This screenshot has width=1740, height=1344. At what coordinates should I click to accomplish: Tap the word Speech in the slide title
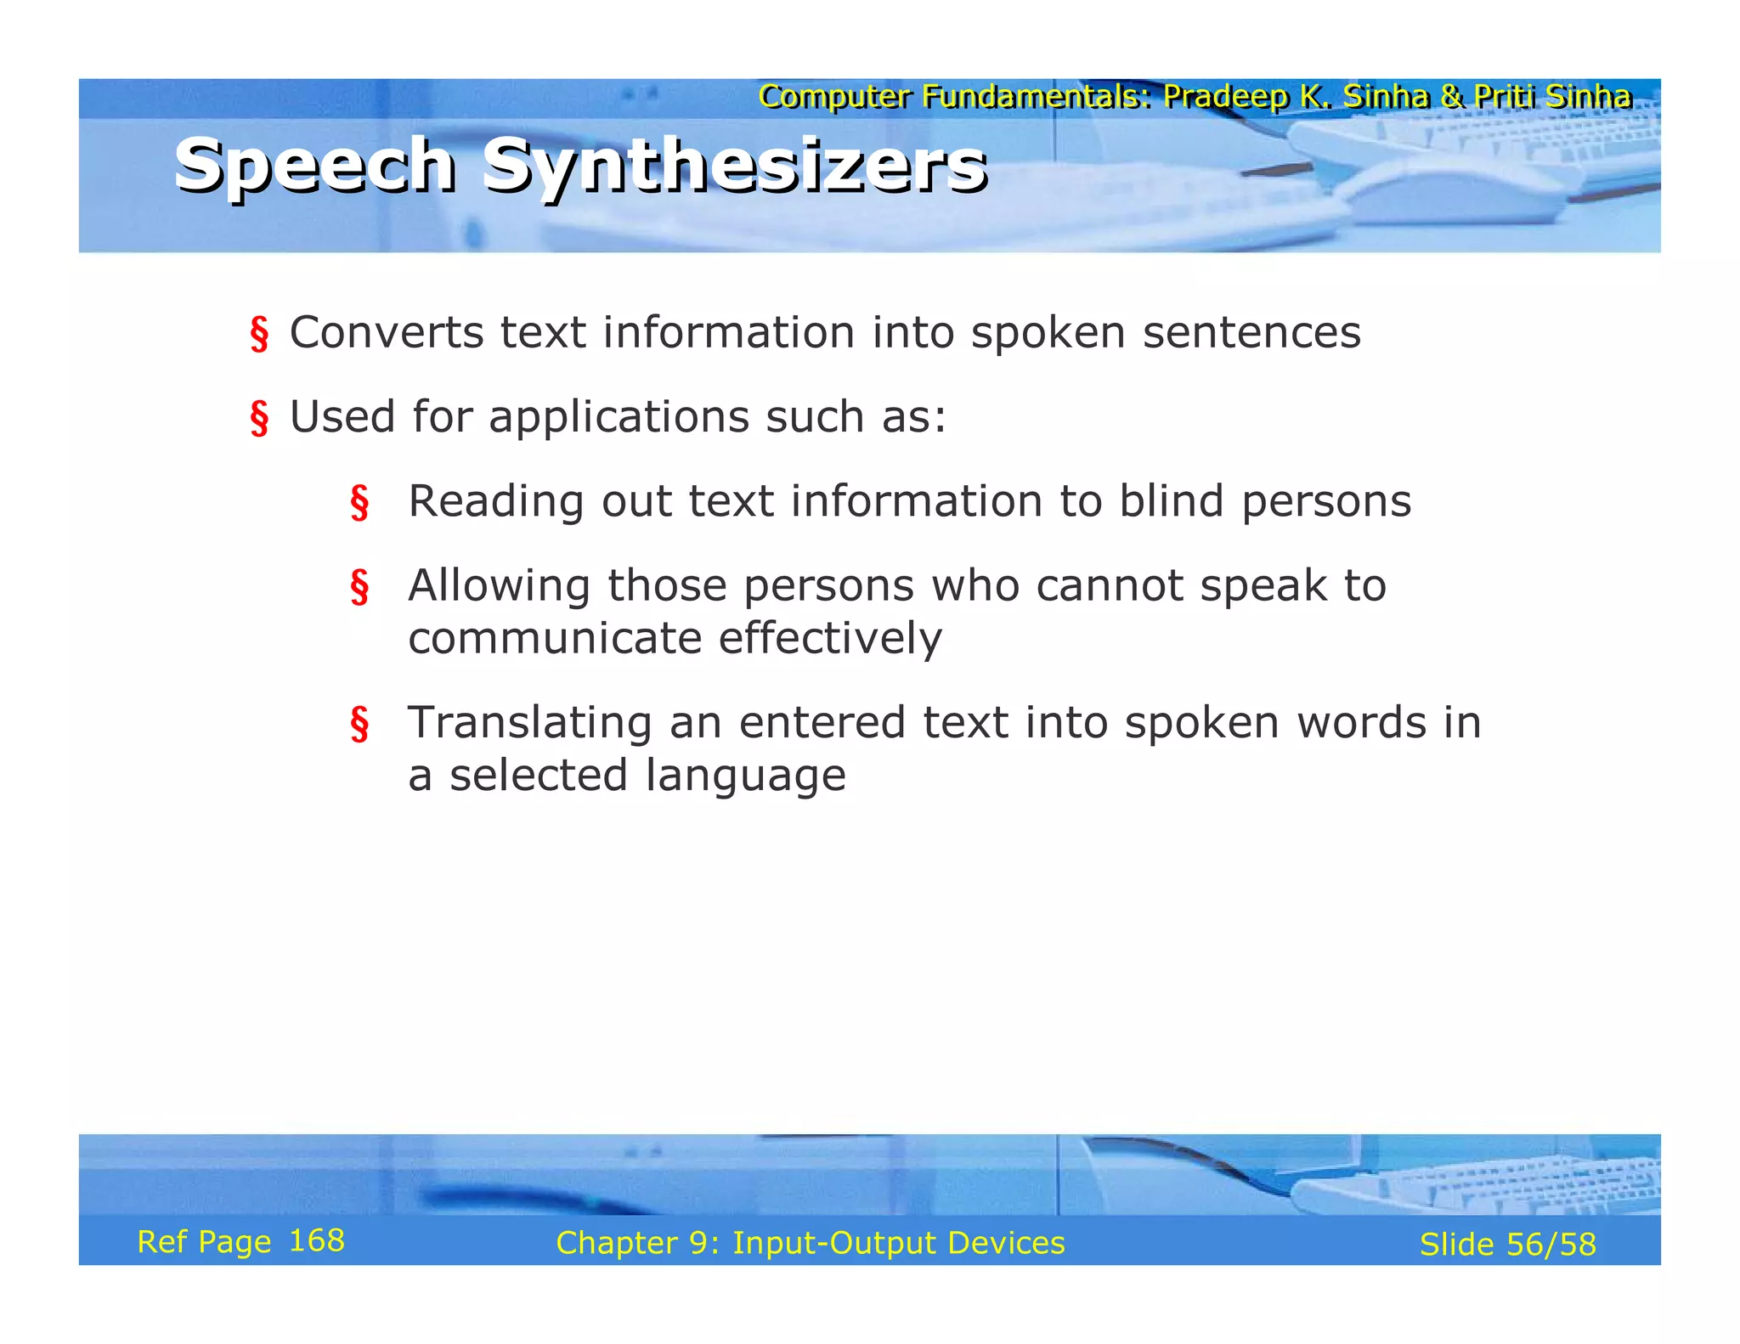tap(315, 166)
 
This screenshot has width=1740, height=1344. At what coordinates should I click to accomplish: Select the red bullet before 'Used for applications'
tap(259, 419)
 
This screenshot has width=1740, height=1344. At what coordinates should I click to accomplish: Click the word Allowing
tap(499, 586)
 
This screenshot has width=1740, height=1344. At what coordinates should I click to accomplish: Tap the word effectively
tap(830, 638)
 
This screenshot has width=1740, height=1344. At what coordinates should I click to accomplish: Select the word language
tap(745, 776)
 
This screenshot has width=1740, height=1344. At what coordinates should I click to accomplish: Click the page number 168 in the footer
tap(317, 1241)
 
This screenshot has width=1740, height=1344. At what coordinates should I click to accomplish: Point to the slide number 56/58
tap(1551, 1245)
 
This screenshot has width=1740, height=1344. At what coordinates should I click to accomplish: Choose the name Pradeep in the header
tap(1226, 97)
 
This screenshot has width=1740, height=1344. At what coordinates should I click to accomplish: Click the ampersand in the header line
tap(1452, 97)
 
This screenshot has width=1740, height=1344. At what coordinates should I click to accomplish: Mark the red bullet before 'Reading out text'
tap(359, 503)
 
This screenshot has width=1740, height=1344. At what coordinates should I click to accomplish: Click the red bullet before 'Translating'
tap(359, 725)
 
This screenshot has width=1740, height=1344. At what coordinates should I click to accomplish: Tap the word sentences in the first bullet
tap(1251, 332)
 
